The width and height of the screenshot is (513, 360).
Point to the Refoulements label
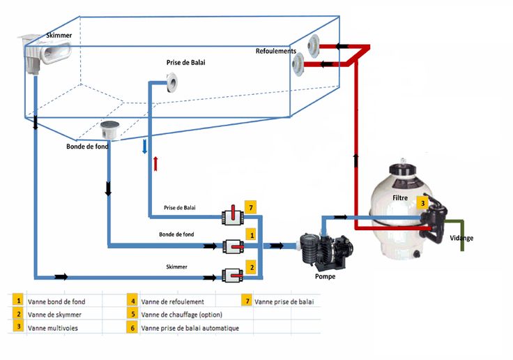coord(276,51)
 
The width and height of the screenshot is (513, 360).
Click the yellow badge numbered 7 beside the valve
coord(251,207)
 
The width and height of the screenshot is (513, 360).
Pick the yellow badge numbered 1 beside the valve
coord(251,238)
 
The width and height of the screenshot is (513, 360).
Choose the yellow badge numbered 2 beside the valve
coord(251,267)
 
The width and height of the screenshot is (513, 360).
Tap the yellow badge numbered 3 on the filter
coord(422,203)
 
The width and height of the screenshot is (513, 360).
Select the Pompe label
coord(325,277)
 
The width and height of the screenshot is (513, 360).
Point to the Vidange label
coord(461,238)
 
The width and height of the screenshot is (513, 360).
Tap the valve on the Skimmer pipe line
coord(231,276)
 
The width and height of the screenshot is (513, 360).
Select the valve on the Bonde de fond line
coord(231,246)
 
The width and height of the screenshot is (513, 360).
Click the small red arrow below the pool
coord(155,164)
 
